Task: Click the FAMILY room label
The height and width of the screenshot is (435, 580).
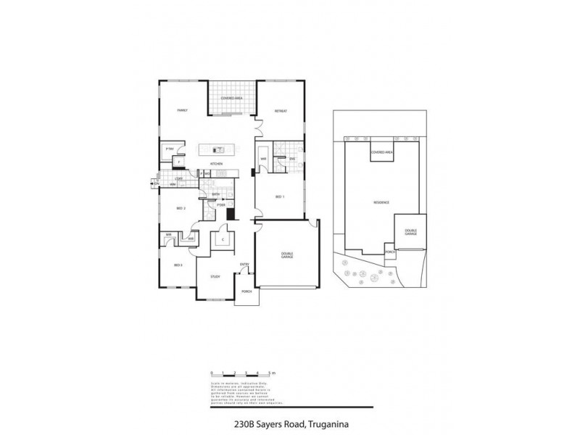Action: tap(183, 110)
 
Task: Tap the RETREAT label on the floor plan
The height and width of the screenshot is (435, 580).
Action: tap(281, 110)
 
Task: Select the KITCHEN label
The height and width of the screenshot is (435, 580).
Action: tap(216, 165)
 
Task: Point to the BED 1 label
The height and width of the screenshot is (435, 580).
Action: tap(280, 196)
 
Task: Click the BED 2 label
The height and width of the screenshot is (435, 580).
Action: tap(181, 210)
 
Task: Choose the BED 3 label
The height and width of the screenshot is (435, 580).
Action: tap(178, 266)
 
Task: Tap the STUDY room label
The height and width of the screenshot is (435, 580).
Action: tap(215, 277)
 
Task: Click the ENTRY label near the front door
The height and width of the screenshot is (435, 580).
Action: tap(244, 264)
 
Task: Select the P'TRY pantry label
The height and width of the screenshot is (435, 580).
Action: tap(170, 149)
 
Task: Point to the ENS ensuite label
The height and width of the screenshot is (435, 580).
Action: tap(292, 158)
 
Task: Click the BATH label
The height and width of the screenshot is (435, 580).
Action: tap(215, 195)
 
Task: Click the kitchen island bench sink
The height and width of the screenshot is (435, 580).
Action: tap(217, 151)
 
